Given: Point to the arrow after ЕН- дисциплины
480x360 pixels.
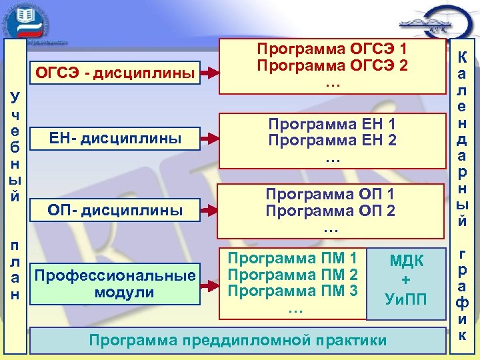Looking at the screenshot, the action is pyautogui.click(x=213, y=139).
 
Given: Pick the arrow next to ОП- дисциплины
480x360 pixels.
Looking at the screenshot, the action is pyautogui.click(x=213, y=211).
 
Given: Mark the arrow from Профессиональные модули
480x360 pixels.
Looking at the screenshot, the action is pyautogui.click(x=213, y=283).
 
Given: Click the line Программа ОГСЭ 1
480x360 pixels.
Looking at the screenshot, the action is pyautogui.click(x=331, y=49).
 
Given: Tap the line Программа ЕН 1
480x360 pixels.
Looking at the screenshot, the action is pyautogui.click(x=331, y=124).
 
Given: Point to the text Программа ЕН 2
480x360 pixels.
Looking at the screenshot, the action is pyautogui.click(x=331, y=141).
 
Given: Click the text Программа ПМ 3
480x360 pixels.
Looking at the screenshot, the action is pyautogui.click(x=293, y=291).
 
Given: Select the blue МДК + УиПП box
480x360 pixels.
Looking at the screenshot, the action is pyautogui.click(x=406, y=280).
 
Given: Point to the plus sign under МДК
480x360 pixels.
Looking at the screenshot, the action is pyautogui.click(x=406, y=280).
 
